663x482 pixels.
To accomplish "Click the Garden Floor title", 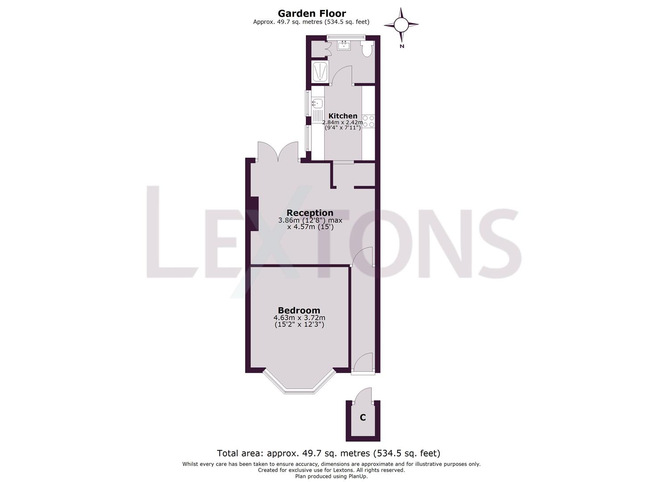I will tap(312, 13).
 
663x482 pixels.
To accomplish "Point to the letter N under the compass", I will tap(402, 46).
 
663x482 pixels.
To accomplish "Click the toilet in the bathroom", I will tap(367, 49).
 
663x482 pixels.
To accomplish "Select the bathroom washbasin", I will tap(344, 45).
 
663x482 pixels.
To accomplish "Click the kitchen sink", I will tap(317, 104).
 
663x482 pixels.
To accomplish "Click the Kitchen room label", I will tap(343, 116).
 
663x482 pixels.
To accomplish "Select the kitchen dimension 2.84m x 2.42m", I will tap(343, 122).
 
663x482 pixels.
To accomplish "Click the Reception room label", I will tap(310, 213).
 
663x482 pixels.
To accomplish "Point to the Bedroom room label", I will tap(299, 310).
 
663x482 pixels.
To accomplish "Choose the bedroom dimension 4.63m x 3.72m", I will tap(299, 318).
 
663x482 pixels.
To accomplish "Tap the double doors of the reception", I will tap(278, 152).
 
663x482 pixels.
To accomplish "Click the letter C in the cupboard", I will tap(363, 418).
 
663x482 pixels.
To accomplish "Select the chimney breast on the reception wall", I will tap(254, 214).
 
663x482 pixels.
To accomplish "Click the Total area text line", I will tap(329, 453).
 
